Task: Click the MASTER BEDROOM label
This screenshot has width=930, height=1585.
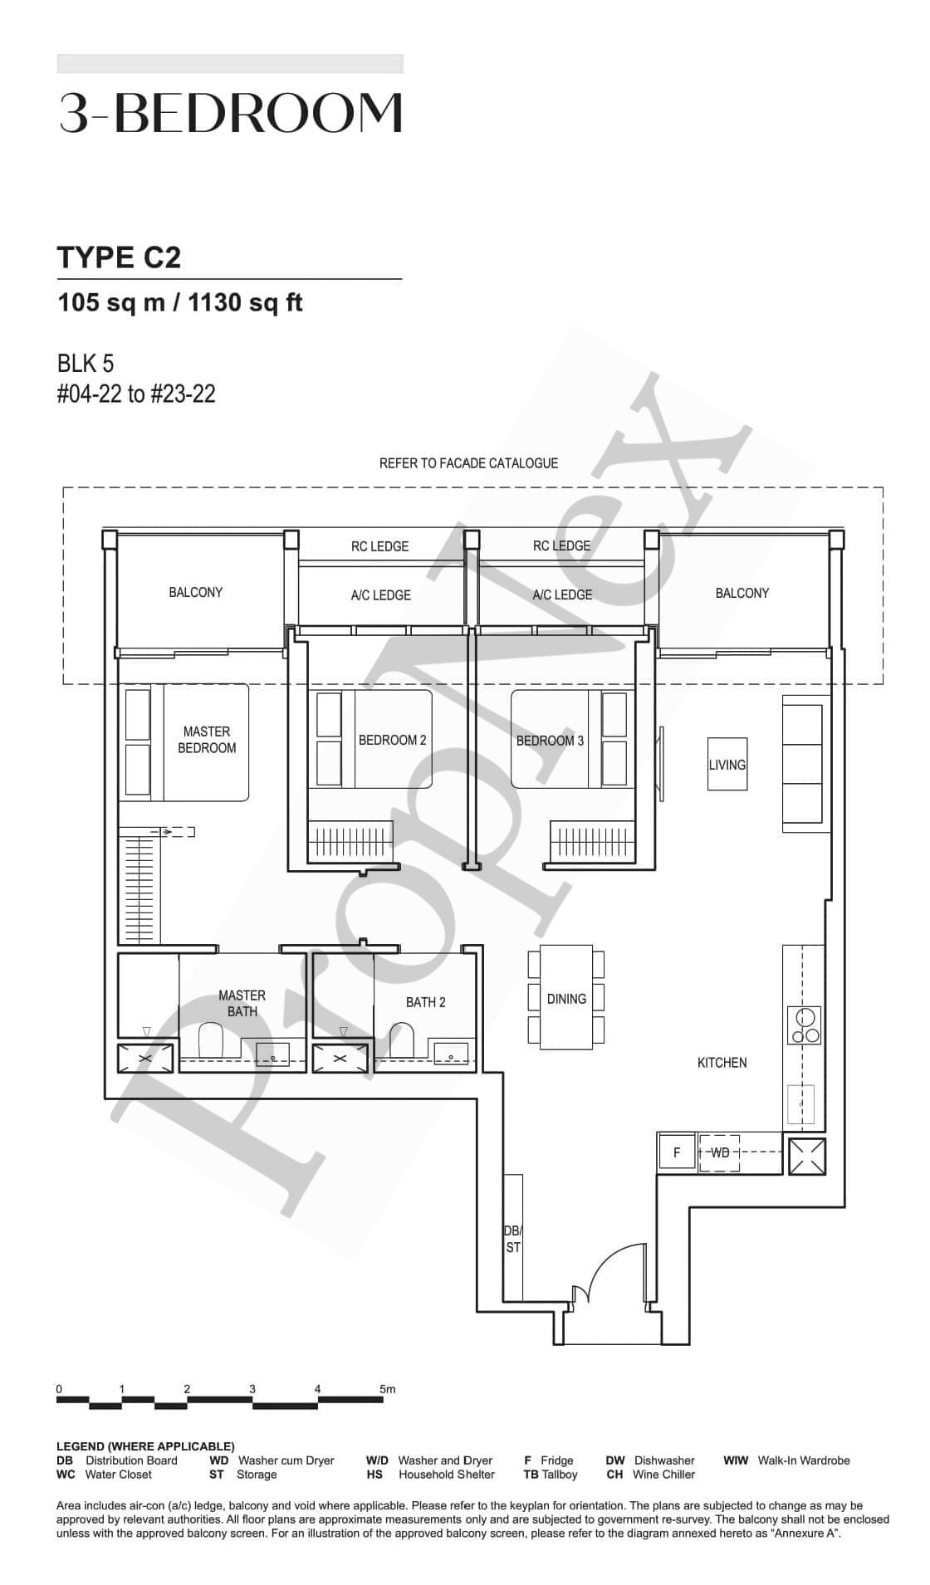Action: (x=207, y=740)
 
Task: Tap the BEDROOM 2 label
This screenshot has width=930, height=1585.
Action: (x=392, y=740)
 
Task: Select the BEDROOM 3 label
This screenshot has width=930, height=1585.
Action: (x=550, y=741)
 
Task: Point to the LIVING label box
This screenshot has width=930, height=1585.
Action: (x=727, y=764)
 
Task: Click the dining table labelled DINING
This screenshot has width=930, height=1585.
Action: (x=566, y=997)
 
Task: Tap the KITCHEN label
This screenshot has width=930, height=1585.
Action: (x=722, y=1062)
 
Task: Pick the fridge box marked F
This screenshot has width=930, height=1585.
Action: (x=676, y=1152)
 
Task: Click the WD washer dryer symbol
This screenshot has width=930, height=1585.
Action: (x=719, y=1152)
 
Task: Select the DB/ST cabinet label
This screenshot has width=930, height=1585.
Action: (x=513, y=1239)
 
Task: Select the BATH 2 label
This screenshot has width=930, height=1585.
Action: (x=425, y=1002)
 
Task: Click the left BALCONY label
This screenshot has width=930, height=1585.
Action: (x=195, y=592)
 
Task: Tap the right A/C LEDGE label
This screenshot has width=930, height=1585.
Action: (x=562, y=594)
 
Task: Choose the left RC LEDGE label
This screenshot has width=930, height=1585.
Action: (x=379, y=546)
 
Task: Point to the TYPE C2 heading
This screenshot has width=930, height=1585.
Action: (x=119, y=257)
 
